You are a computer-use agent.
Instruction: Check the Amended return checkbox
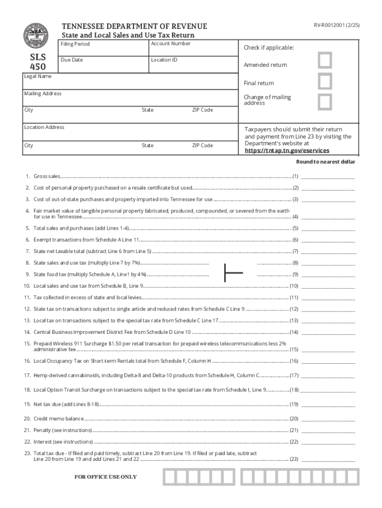[x=325, y=61]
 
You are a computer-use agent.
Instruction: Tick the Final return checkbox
[x=325, y=81]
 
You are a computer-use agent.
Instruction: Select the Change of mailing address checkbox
[x=325, y=101]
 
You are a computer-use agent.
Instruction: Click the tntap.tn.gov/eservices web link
[x=286, y=150]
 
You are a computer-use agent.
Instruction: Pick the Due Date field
[x=103, y=65]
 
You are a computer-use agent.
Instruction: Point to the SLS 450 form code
[x=38, y=62]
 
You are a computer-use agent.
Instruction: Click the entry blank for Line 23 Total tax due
[x=328, y=459]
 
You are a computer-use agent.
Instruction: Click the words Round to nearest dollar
[x=325, y=162]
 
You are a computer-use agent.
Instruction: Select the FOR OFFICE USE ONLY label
[x=105, y=477]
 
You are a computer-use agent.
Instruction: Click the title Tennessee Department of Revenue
[x=134, y=26]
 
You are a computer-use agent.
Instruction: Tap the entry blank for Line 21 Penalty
[x=328, y=430]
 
